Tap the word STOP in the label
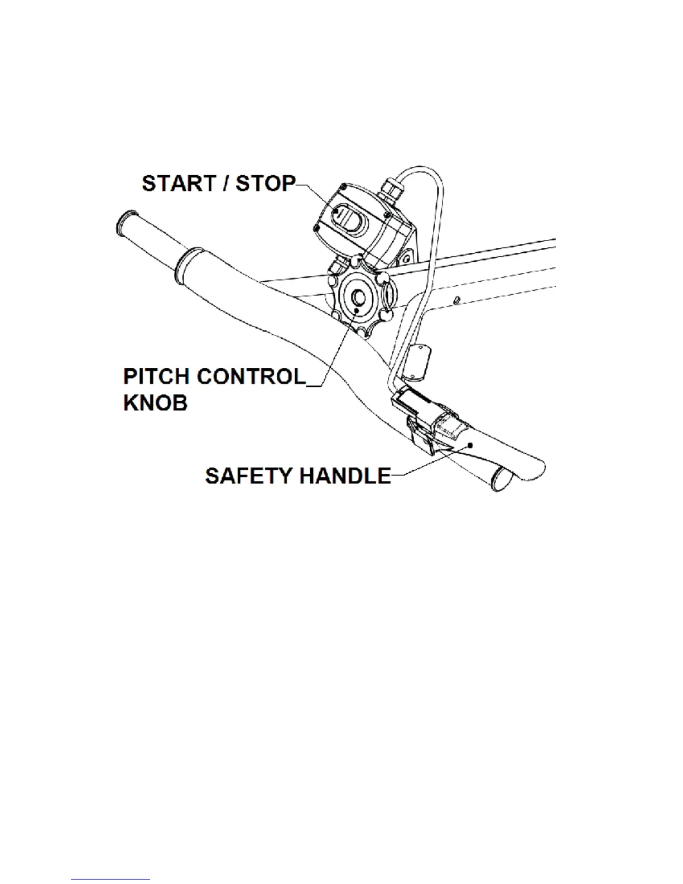click(265, 184)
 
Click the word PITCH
click(157, 377)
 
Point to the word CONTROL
click(252, 377)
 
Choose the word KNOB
click(155, 402)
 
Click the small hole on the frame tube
click(456, 301)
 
